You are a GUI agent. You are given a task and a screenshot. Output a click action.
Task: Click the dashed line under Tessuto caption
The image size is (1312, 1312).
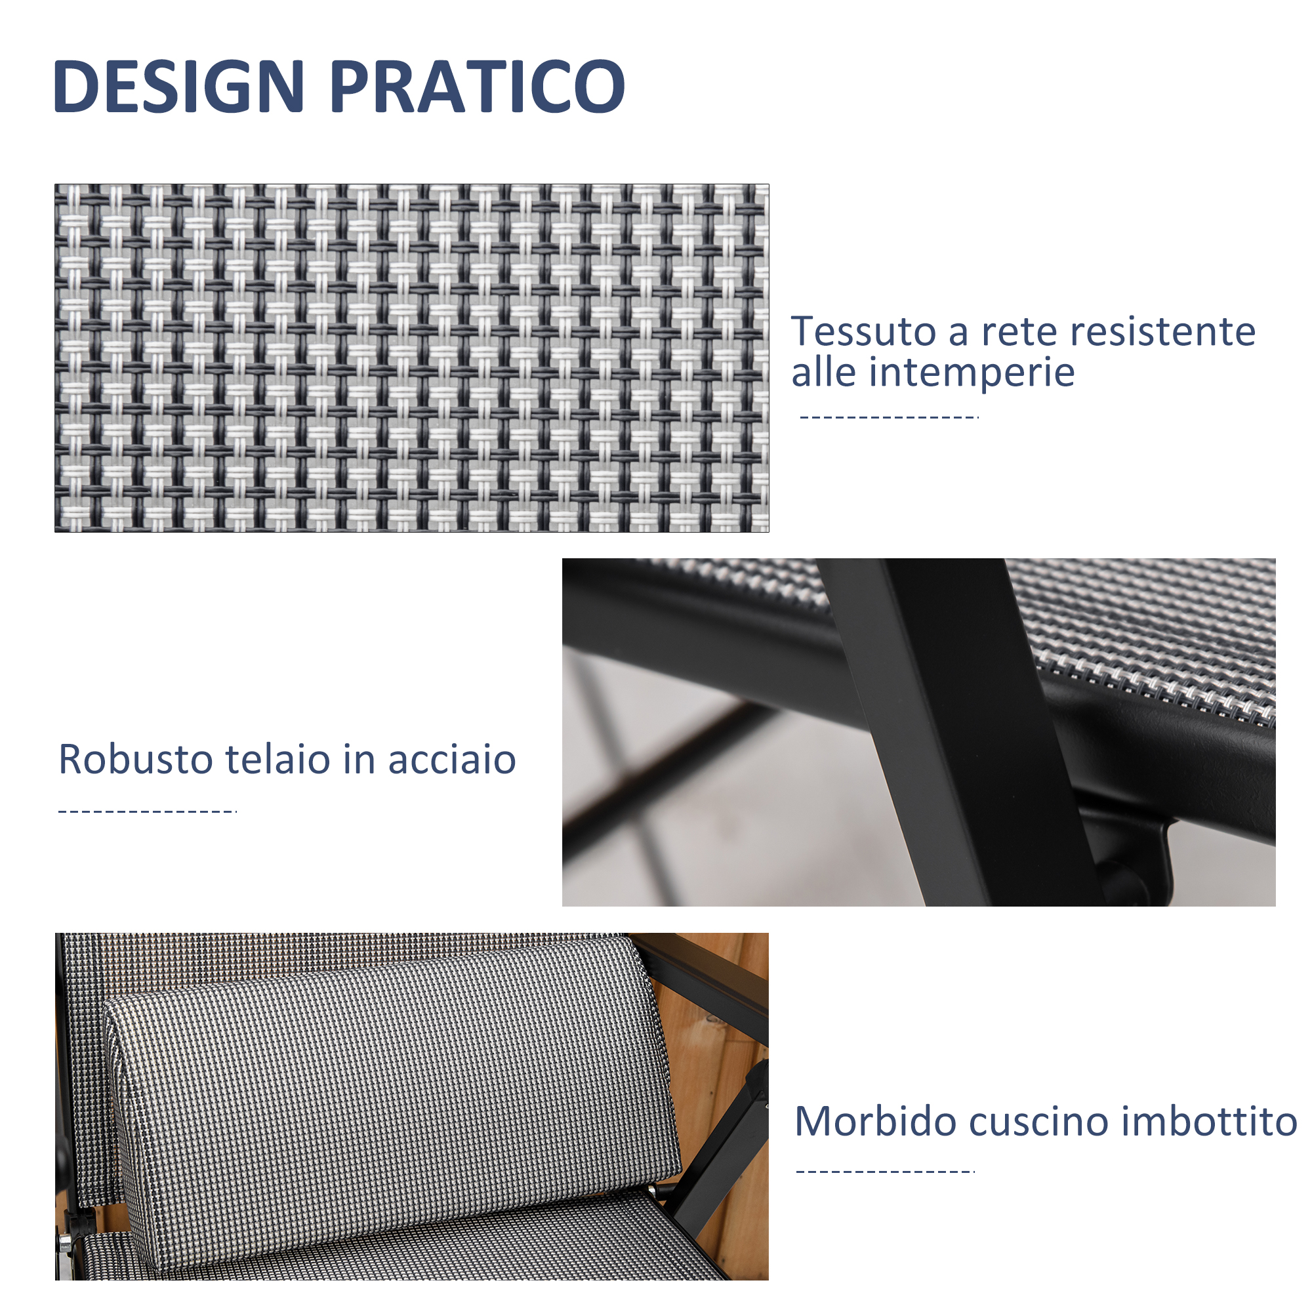(x=889, y=417)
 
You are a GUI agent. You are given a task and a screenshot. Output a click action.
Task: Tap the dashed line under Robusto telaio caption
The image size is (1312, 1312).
(x=148, y=811)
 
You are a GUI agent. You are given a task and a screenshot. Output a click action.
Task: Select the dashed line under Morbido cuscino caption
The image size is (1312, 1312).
(x=886, y=1172)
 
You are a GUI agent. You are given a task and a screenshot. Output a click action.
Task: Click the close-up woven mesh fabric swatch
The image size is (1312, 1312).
(x=411, y=358)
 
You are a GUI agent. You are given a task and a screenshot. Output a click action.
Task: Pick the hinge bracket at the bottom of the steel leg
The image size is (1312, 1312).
(x=1127, y=859)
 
